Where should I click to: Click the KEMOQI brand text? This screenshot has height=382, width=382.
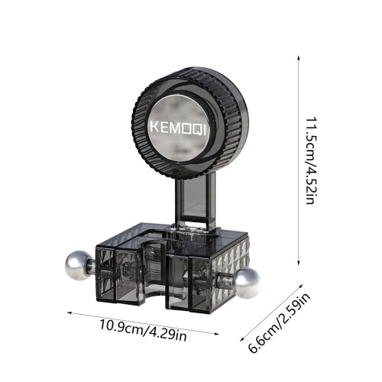click(178, 128)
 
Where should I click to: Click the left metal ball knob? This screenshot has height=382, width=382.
click(79, 266)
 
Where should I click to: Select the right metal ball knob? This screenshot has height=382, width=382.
click(247, 283)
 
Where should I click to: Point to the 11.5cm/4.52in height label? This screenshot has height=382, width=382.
click(311, 160)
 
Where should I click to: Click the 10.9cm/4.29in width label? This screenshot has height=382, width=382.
click(143, 330)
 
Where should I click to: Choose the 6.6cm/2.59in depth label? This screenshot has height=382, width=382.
click(279, 322)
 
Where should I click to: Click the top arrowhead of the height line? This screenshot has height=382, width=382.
click(298, 57)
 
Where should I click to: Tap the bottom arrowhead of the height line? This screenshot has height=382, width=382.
click(298, 263)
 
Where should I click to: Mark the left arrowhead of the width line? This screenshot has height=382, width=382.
click(70, 312)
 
